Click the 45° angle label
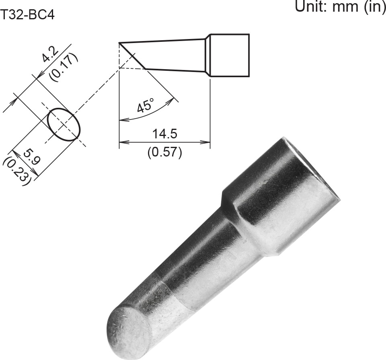point(145,106)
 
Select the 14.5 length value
point(164,134)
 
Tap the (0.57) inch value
point(164,152)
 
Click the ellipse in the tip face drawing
point(64,124)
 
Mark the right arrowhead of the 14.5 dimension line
point(207,142)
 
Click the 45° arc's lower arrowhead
point(123,120)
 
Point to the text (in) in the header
point(374,6)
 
